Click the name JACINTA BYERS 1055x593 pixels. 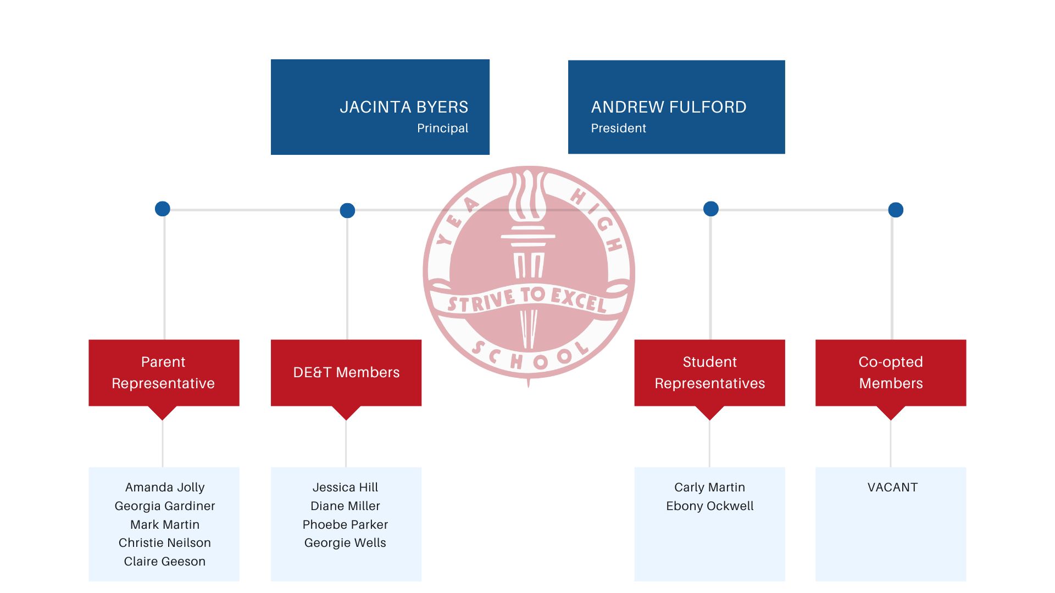[404, 107]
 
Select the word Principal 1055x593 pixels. [442, 128]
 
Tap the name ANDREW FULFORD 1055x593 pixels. [669, 107]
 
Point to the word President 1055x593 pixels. [618, 128]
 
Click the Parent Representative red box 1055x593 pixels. [164, 373]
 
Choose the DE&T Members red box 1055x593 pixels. [346, 373]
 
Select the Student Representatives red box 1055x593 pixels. [709, 373]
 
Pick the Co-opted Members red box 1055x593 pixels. [891, 373]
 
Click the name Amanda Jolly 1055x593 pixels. [165, 488]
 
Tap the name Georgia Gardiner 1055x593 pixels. [165, 506]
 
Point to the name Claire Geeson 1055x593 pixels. [165, 562]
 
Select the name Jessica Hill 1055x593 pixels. [345, 488]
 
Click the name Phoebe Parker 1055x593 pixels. [345, 525]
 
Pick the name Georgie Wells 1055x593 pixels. [345, 543]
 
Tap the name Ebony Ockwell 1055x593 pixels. [710, 506]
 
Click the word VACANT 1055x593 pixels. [892, 488]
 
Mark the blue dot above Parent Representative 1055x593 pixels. [163, 209]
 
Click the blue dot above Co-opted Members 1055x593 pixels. [896, 210]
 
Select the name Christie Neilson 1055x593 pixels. [165, 543]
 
